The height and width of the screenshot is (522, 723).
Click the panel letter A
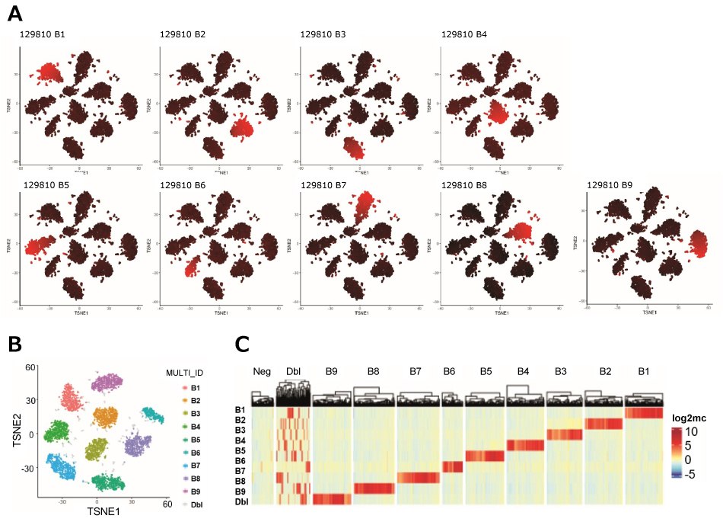15,13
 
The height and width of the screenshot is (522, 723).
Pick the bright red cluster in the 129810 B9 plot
697,245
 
